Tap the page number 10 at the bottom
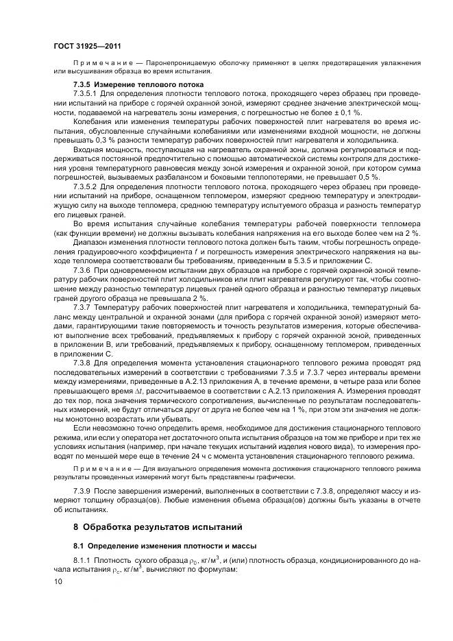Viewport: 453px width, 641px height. [58, 581]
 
